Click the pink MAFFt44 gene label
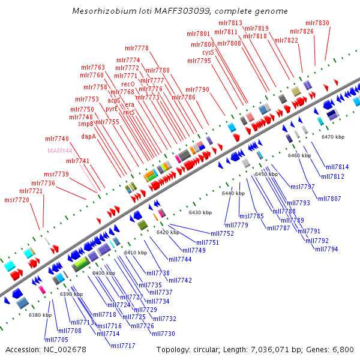click(x=60, y=151)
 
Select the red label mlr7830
click(x=317, y=23)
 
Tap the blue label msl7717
click(x=123, y=346)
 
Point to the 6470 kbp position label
click(x=333, y=137)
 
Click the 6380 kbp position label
click(x=40, y=315)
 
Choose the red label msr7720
click(x=16, y=200)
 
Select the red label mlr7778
click(x=137, y=48)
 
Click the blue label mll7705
click(x=56, y=340)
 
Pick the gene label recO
click(x=128, y=84)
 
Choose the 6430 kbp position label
click(x=200, y=212)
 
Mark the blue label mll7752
click(x=223, y=233)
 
